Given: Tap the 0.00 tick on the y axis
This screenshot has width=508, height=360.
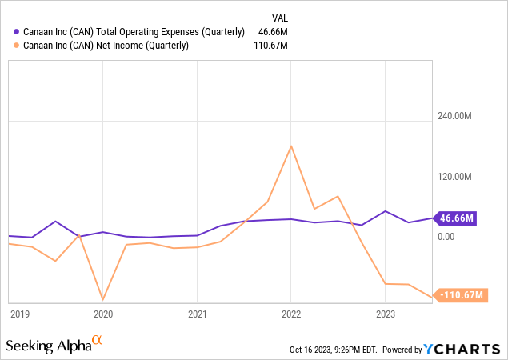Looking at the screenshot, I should (x=445, y=237).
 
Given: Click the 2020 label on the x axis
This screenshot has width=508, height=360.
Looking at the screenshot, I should (x=103, y=314).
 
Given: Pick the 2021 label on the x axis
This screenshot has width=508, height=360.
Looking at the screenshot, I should (x=197, y=314).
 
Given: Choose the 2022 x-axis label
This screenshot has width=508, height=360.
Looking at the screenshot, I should (x=290, y=314).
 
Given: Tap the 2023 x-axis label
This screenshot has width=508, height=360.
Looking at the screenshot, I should (x=385, y=314).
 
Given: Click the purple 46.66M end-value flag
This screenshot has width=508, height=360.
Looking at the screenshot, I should (x=457, y=218).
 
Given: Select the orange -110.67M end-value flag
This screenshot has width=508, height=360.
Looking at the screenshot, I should (x=461, y=295).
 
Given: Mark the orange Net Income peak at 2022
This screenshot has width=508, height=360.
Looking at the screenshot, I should (x=291, y=146).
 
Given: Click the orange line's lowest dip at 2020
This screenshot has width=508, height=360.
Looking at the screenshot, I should (x=103, y=299).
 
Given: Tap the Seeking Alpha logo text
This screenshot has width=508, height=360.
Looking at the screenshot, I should (x=48, y=346).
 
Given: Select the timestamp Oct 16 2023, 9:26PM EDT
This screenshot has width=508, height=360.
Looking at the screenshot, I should (x=334, y=350).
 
